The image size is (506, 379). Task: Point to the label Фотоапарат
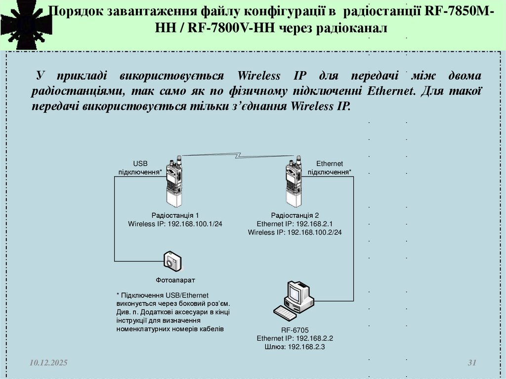click(172, 280)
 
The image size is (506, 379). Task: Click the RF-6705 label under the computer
click(295, 330)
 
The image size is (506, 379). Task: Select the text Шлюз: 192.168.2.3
click(295, 347)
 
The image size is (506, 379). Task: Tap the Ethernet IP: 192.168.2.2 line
click(295, 338)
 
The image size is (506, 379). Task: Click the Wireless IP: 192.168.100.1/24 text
click(175, 224)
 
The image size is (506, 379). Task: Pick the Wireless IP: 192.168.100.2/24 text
click(295, 232)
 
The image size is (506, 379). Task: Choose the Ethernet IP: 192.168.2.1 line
click(295, 224)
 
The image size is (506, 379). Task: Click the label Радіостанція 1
click(175, 215)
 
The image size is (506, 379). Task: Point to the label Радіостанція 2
click(295, 215)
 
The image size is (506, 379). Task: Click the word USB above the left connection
click(140, 164)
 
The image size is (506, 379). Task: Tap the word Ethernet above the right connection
click(330, 164)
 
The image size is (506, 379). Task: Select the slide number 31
click(471, 363)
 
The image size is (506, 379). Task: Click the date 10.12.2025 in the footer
click(48, 363)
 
